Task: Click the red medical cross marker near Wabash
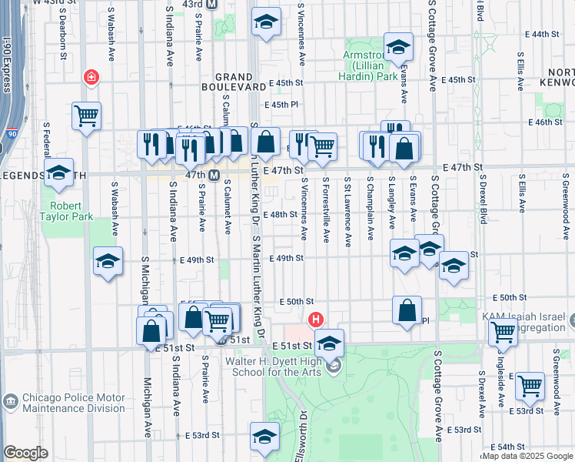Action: click(x=91, y=78)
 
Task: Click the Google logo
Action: click(x=26, y=453)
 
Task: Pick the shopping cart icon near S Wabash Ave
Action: click(x=87, y=116)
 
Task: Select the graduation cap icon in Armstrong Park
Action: click(x=398, y=47)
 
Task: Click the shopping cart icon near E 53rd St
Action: click(x=530, y=387)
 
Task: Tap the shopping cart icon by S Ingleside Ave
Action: click(x=504, y=332)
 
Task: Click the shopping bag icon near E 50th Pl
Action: click(x=407, y=310)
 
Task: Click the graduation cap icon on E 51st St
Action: click(x=329, y=343)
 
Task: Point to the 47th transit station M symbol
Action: click(x=215, y=176)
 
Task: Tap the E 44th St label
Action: click(x=545, y=34)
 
